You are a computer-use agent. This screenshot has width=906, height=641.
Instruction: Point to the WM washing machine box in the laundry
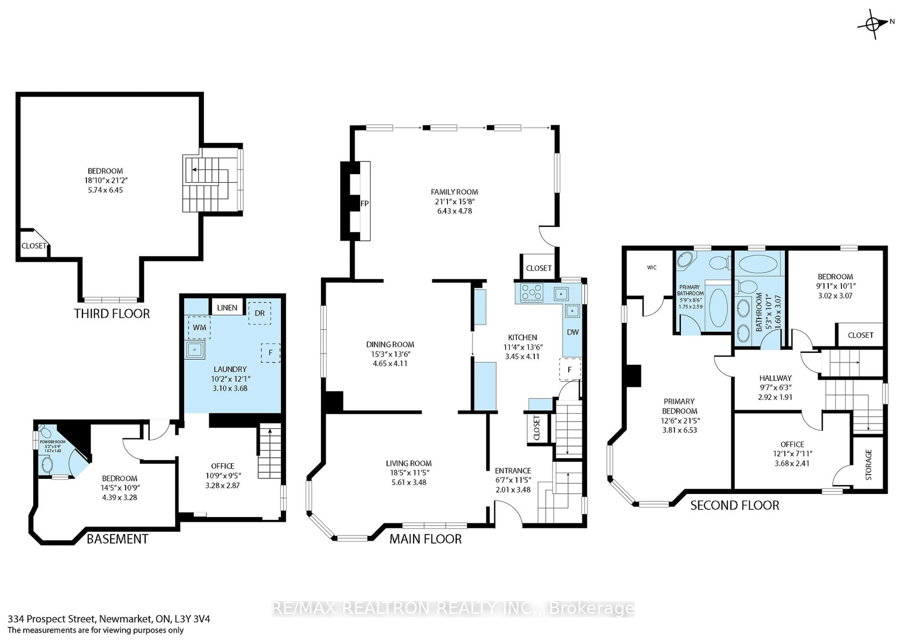199,327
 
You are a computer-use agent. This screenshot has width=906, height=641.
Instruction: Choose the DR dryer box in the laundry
259,313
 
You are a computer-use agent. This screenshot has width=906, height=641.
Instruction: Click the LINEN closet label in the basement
227,308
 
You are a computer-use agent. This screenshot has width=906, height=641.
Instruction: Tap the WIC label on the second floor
652,267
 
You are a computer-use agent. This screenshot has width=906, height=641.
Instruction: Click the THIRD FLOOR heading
112,314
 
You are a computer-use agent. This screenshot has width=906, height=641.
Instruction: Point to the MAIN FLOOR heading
425,539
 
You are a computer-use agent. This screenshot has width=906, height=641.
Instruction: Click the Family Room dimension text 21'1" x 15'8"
454,201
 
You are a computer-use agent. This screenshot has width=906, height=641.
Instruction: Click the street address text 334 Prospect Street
51,619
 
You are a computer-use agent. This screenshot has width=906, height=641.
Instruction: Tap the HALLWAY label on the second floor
775,378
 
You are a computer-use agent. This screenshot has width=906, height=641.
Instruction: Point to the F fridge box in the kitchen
570,370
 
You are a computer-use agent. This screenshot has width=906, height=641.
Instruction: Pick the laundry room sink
195,350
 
